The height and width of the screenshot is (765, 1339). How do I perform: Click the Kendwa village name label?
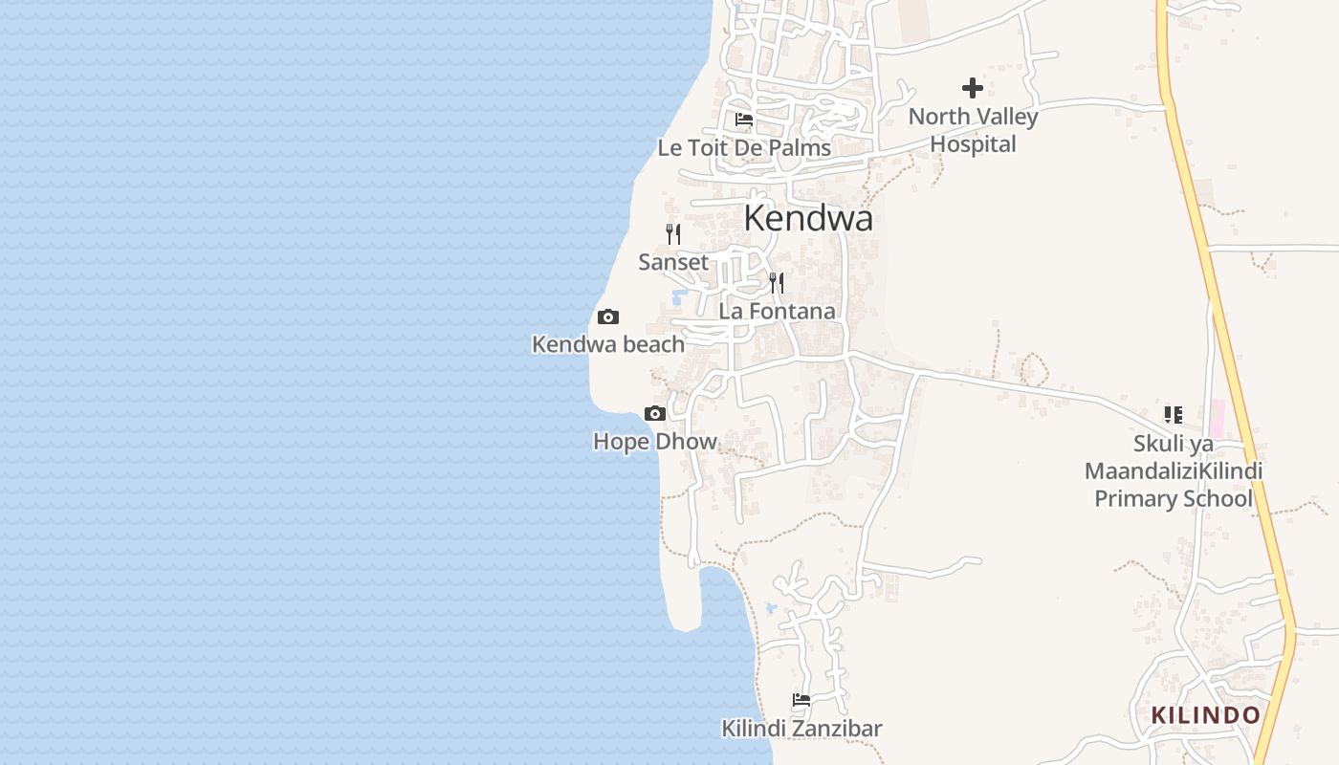coord(808,219)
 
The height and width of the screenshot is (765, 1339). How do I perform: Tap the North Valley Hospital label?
coord(973,131)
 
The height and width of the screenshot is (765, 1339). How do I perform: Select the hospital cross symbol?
coord(973,89)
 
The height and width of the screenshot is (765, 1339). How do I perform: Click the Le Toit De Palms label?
coord(744,148)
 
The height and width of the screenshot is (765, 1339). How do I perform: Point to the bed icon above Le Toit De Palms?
coord(744,120)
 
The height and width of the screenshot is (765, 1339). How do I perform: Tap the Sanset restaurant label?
coord(673,262)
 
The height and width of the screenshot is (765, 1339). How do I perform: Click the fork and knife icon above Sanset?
coord(673,233)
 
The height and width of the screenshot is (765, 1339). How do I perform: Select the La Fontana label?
coord(777,311)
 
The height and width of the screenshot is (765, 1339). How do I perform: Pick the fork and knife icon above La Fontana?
coord(777,282)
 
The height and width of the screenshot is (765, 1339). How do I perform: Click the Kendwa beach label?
coord(608,344)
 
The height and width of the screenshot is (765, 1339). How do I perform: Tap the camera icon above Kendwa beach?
coord(608,317)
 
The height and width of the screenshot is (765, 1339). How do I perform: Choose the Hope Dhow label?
coord(655,441)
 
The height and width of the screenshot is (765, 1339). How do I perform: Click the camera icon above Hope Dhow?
coord(655,413)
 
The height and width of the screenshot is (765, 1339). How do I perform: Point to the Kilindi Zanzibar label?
coord(801,729)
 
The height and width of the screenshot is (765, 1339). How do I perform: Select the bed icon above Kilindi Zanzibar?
coord(801,700)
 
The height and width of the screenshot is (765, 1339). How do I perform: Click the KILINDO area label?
coord(1205,715)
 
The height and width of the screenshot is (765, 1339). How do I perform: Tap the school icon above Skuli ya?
coord(1173,415)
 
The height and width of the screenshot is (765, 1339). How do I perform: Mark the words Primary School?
coord(1173,498)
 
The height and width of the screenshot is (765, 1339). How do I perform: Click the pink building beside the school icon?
coord(1218,419)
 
